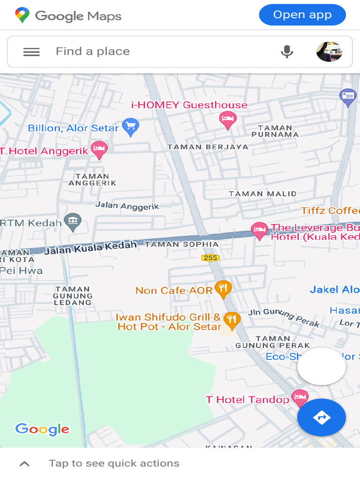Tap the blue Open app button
(302, 15)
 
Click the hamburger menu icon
(31, 52)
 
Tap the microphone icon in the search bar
(287, 52)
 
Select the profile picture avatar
(329, 52)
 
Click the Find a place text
(93, 52)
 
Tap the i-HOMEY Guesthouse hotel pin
(228, 119)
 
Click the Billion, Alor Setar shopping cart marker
(130, 126)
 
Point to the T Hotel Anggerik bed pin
(99, 150)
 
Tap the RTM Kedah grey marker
(73, 222)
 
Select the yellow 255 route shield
(210, 258)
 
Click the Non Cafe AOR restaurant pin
(223, 289)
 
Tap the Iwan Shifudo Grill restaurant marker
(232, 320)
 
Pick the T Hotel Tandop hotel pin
(300, 398)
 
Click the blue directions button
(322, 417)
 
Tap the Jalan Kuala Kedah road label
(91, 247)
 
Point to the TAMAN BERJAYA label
(208, 147)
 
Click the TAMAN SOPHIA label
(181, 244)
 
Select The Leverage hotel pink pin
(259, 230)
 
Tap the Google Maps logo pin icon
(22, 15)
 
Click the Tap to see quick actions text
(114, 464)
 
